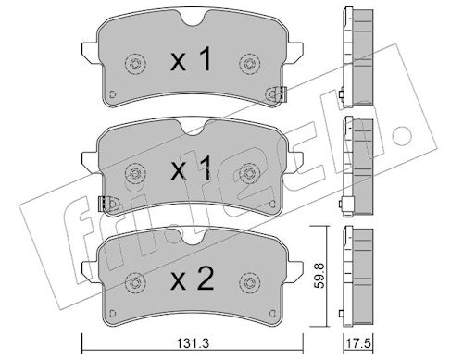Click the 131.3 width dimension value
click(x=193, y=343)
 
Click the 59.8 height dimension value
click(x=320, y=276)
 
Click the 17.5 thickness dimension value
click(x=358, y=343)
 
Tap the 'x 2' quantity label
click(x=192, y=279)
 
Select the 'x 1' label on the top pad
click(x=192, y=59)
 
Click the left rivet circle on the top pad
click(x=135, y=64)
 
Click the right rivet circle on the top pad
click(x=249, y=64)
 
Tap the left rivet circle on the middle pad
click(x=135, y=173)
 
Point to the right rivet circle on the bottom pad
click(x=249, y=282)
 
